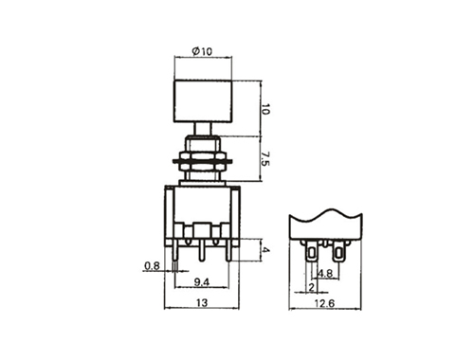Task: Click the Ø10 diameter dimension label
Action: pos(202,51)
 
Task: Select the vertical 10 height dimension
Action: pos(265,109)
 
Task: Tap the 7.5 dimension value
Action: pos(265,158)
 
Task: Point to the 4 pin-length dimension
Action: pos(266,250)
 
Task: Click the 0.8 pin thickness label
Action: pos(152,266)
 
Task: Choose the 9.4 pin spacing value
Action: pos(202,282)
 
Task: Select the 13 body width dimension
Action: pos(202,302)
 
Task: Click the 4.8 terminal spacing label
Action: pos(325,273)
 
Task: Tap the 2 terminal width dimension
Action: pos(312,287)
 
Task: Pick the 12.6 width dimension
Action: pos(324,303)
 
